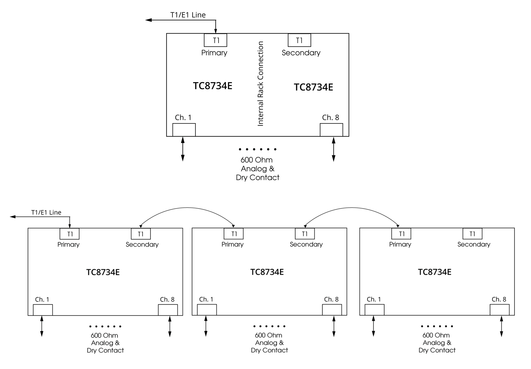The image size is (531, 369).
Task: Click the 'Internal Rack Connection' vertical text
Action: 261,84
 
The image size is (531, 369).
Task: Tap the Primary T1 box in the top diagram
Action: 215,40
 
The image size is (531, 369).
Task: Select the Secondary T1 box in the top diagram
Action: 299,40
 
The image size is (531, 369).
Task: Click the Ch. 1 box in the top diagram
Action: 184,130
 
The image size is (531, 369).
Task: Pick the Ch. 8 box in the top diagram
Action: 331,130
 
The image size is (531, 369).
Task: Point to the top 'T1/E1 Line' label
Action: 188,15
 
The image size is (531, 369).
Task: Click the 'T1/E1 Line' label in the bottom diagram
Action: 46,212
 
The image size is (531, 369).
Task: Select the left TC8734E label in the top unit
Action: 212,86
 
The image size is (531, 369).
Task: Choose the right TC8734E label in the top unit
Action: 313,87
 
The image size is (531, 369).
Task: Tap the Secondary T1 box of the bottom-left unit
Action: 141,234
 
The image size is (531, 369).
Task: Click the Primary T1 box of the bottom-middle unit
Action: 234,234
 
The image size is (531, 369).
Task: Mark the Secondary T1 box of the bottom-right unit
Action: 472,234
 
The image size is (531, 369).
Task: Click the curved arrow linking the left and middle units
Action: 187,208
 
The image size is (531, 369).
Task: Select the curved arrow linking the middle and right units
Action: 352,208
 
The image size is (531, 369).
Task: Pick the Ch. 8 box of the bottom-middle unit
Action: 332,310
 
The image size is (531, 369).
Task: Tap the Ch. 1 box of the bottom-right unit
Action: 374,310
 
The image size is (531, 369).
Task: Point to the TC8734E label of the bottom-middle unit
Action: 267,272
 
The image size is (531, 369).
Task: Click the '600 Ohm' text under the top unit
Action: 256,160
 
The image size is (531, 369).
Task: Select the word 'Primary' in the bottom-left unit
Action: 68,245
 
